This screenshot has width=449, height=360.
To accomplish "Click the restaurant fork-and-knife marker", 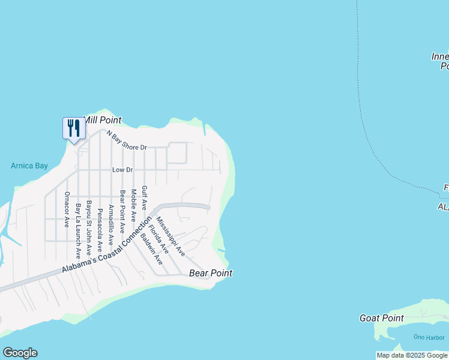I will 74,128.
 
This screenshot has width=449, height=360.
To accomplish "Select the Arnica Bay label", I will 29,166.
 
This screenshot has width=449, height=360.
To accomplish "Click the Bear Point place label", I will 210,273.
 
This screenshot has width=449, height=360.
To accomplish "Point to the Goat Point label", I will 381,318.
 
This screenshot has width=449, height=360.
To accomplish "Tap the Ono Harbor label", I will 428,337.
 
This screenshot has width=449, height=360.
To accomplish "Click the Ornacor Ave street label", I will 67,209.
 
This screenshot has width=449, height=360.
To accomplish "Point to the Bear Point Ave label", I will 122,211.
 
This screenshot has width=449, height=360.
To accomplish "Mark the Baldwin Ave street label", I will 151,249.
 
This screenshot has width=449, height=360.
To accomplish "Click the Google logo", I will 20,353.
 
